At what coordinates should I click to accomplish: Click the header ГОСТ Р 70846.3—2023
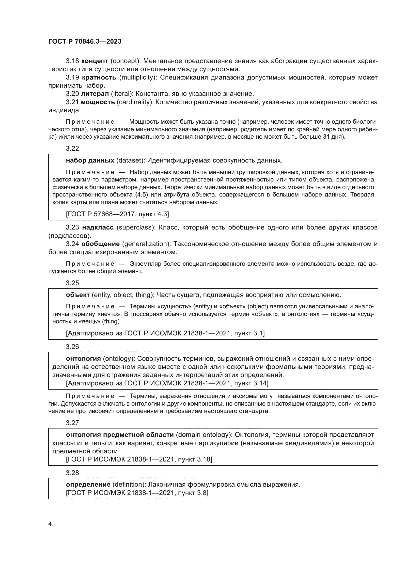pyautogui.click(x=85, y=42)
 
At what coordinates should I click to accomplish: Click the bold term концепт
pyautogui.click(x=95, y=61)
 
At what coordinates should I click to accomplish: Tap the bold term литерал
pyautogui.click(x=95, y=94)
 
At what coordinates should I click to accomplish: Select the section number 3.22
pyautogui.click(x=72, y=148)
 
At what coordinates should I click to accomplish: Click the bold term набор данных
pyautogui.click(x=90, y=160)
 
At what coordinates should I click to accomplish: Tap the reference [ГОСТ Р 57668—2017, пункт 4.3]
pyautogui.click(x=117, y=214)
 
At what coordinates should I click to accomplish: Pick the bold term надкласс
pyautogui.click(x=98, y=228)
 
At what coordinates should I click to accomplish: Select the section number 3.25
pyautogui.click(x=72, y=283)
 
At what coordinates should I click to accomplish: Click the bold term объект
pyautogui.click(x=78, y=295)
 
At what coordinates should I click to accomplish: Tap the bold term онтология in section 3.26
pyautogui.click(x=83, y=359)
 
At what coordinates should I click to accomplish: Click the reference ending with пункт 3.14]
pyautogui.click(x=167, y=383)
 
